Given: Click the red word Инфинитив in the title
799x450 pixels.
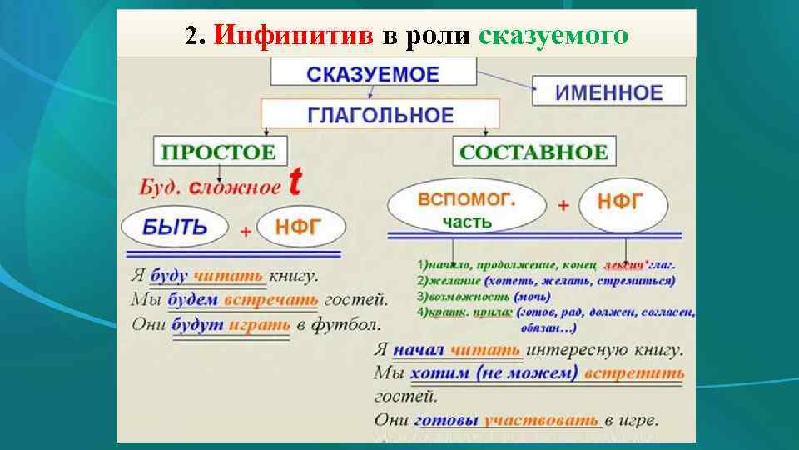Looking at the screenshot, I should tap(295, 36).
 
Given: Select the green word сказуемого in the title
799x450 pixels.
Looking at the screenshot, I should tap(553, 36).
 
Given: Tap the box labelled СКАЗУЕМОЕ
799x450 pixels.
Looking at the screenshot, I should tap(372, 74).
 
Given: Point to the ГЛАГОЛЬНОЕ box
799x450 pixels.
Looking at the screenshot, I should tap(381, 114).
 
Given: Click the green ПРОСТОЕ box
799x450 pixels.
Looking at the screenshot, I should tap(218, 152).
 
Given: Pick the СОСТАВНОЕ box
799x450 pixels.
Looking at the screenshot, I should tap(533, 152).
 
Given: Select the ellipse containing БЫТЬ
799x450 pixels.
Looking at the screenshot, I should tap(175, 226).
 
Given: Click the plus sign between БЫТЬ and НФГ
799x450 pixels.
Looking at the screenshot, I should tap(245, 232).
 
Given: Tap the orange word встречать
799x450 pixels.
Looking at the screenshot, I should tap(257, 299).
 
